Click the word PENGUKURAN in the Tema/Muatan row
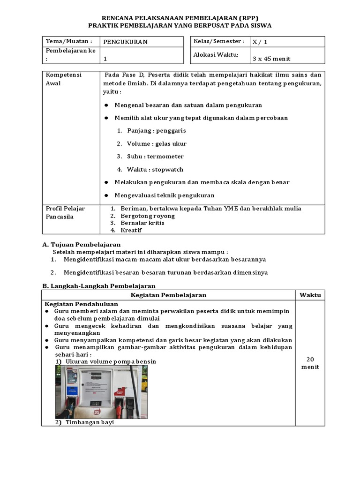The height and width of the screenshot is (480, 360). coord(125,42)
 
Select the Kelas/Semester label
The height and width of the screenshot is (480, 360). coord(218,41)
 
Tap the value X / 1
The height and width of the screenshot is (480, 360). coord(260,42)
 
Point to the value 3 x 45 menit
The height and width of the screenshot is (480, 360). coord(271,59)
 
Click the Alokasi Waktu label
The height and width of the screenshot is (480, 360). coord(216,54)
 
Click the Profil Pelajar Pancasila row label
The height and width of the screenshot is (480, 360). coord(65,212)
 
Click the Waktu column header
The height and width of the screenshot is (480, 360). coord(310,295)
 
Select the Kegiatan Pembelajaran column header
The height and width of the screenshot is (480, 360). coord(168,295)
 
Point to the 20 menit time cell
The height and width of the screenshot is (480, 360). coord(310,363)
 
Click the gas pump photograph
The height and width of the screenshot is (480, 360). coord(101,392)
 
